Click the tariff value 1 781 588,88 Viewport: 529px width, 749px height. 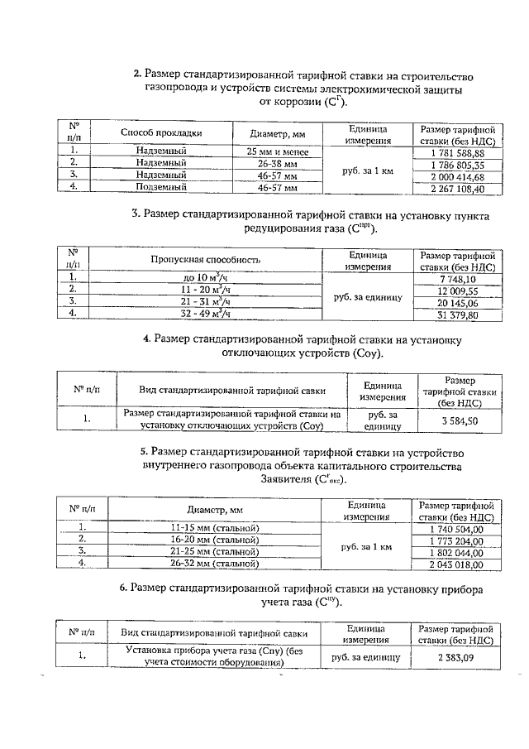[457, 153]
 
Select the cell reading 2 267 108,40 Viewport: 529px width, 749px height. [457, 188]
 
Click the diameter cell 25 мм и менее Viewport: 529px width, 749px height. [277, 153]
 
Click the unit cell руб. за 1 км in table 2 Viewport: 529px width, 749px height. [367, 170]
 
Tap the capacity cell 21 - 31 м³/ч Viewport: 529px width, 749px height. [206, 303]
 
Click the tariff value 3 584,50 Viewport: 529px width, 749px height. [459, 420]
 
